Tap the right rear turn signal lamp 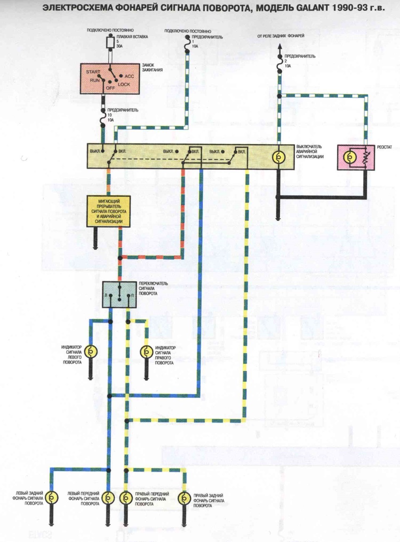pos(184,498)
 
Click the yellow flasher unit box pos(108,211)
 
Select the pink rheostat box pos(356,157)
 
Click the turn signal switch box pos(119,294)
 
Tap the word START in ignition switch pos(93,72)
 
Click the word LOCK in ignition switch pos(124,85)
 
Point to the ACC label pos(129,76)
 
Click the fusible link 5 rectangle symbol pos(111,42)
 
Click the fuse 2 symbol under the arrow pos(280,64)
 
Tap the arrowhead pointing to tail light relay pos(280,47)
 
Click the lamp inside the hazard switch pos(279,157)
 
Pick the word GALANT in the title pos(312,8)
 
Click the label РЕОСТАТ pos(384,147)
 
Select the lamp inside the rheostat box pos(350,157)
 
